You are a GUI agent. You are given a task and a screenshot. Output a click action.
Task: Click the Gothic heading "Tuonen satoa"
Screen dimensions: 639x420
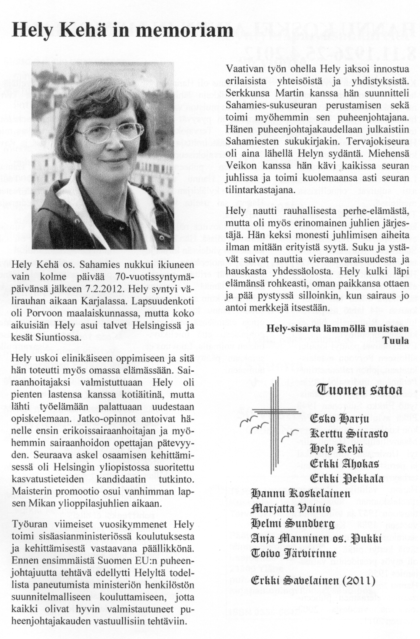click(359, 390)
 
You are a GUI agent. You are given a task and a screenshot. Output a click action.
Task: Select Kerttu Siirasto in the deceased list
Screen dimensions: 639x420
click(349, 434)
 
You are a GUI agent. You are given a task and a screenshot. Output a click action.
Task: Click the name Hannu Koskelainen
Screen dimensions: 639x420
click(300, 493)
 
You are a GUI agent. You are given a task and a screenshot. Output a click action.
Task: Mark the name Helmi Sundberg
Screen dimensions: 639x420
click(292, 524)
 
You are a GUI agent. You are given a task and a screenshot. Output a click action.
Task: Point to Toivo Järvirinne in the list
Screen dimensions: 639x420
click(294, 553)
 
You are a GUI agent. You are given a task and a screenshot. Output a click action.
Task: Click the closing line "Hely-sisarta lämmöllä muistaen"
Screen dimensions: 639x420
click(337, 329)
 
